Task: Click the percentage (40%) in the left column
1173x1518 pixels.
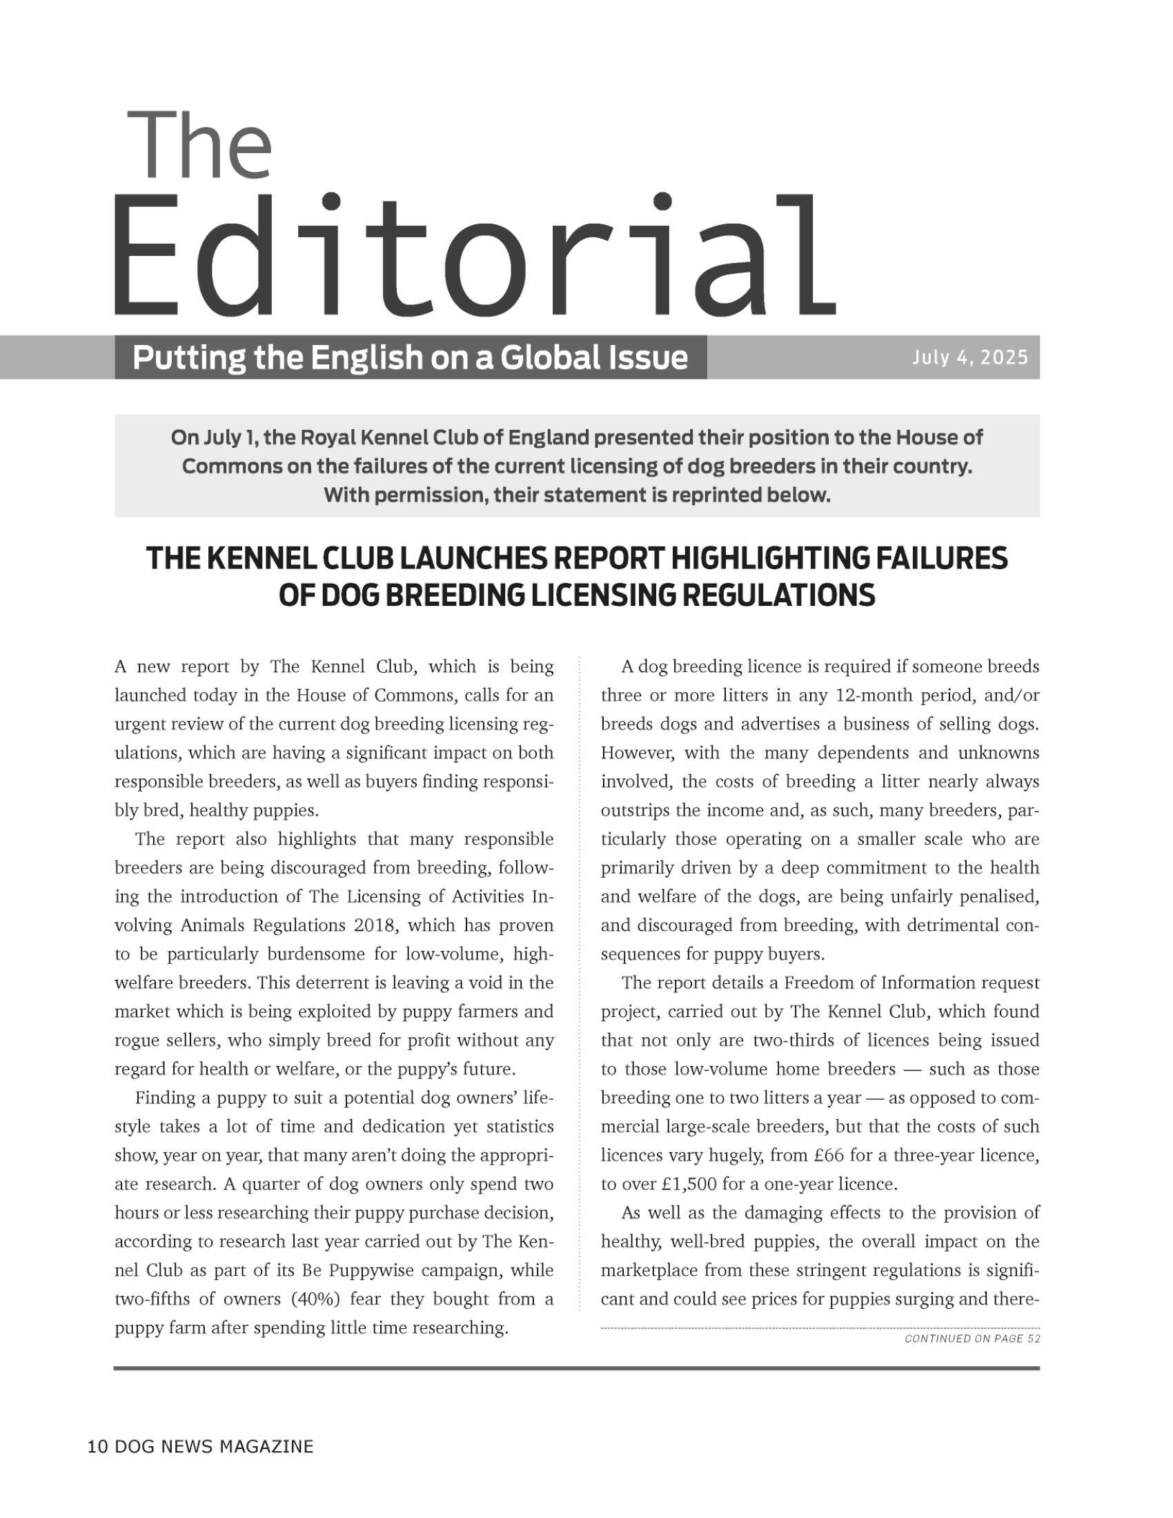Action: point(317,1299)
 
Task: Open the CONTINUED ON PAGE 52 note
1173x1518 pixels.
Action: point(972,1339)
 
